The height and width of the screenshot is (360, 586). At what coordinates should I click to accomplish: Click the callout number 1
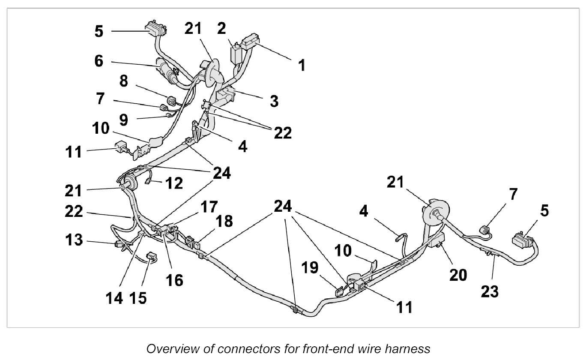click(302, 66)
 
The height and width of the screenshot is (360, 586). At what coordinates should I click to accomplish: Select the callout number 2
click(221, 29)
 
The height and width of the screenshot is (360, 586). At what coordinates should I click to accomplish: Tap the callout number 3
click(274, 101)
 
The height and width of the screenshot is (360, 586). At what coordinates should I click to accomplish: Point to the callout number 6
click(99, 62)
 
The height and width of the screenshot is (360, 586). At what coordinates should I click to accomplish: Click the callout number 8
click(124, 82)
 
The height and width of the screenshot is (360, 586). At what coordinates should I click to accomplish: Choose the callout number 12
click(174, 183)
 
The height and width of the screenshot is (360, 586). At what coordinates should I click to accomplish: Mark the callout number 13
click(74, 240)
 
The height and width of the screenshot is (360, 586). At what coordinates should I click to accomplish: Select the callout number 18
click(224, 222)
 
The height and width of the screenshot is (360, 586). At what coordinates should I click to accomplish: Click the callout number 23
click(490, 292)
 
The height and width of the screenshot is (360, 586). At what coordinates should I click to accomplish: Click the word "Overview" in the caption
click(168, 349)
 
